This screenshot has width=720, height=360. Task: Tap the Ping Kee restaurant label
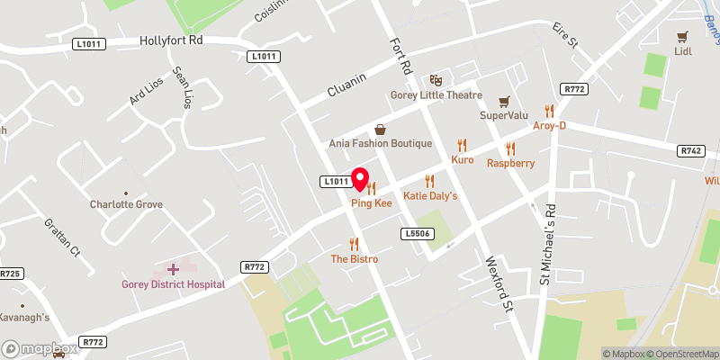[x=371, y=203]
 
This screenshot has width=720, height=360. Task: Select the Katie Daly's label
[x=430, y=195]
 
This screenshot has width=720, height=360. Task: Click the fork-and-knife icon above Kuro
[x=463, y=145]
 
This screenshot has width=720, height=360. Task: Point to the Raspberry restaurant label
[x=510, y=163]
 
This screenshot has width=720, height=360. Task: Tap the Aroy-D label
[x=549, y=125]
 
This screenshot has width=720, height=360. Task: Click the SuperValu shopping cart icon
[x=505, y=101]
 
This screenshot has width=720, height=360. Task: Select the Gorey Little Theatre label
[x=436, y=95]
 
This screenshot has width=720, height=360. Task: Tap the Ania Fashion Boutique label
[x=380, y=143]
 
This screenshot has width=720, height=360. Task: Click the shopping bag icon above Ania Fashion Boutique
[x=380, y=130]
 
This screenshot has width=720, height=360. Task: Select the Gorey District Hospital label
[x=173, y=284]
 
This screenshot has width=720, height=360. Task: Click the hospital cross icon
[x=173, y=269]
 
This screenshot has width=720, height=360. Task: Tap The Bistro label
[x=354, y=259]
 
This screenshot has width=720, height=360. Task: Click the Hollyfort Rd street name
[x=171, y=40]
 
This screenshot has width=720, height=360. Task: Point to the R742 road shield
[x=691, y=150]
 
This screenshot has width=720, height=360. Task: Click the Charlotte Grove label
[x=126, y=204]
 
